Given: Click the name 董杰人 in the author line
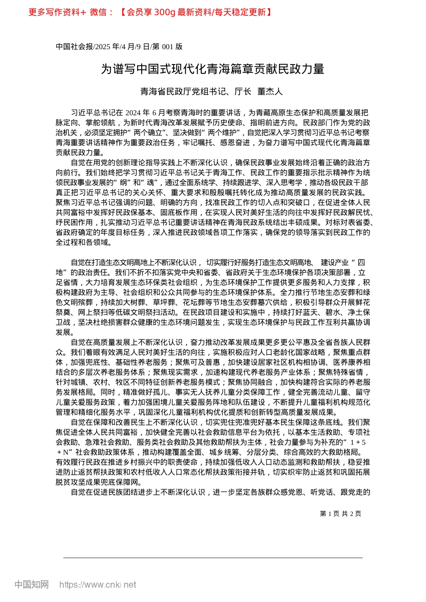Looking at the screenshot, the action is [270, 92].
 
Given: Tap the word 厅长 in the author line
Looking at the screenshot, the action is [243, 92].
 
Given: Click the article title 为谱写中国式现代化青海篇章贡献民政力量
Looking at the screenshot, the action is [213, 69].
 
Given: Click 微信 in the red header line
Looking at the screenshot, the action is [98, 12].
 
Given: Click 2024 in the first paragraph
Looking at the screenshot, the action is [134, 112].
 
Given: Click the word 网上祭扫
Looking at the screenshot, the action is [92, 312].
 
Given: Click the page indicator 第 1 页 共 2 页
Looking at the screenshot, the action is [340, 514].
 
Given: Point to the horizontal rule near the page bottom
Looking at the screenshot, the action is [213, 558].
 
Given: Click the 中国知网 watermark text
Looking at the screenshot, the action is [31, 585].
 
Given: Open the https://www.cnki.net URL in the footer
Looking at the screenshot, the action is [98, 585].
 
